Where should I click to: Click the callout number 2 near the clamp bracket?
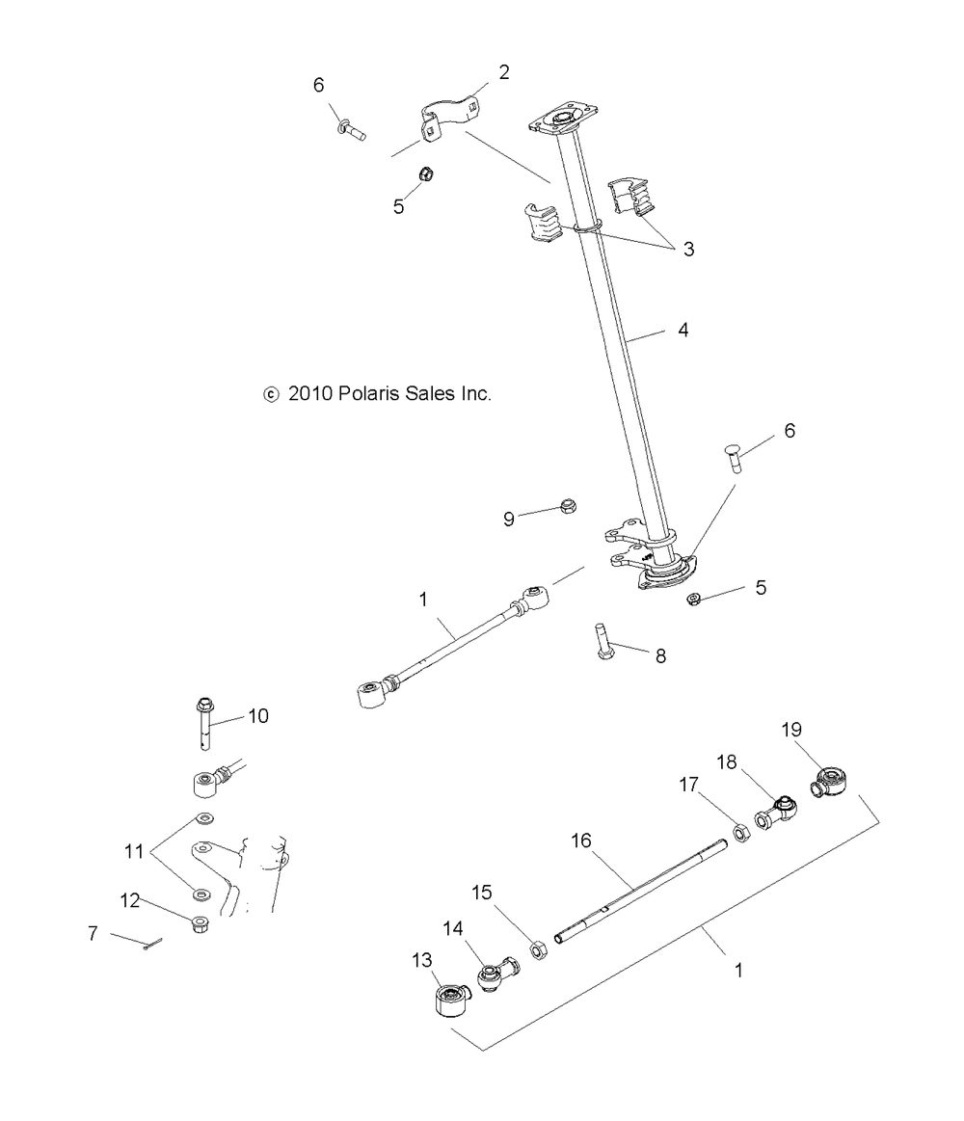click(x=504, y=72)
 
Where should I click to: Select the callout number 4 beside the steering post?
click(x=683, y=330)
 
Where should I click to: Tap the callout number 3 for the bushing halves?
click(x=688, y=249)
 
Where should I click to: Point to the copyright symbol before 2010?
click(x=271, y=394)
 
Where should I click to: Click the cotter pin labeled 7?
click(x=152, y=945)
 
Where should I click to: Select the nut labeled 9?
click(x=569, y=507)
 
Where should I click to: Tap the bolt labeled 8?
click(x=602, y=642)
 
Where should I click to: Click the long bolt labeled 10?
click(x=205, y=724)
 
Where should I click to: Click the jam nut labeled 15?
click(x=539, y=950)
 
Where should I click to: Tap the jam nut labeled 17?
click(x=741, y=832)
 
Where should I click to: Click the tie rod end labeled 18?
click(x=776, y=813)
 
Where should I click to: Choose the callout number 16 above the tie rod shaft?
click(x=580, y=841)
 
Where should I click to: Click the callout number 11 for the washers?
click(x=134, y=851)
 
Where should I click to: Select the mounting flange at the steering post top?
click(x=564, y=117)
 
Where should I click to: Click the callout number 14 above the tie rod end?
click(x=453, y=928)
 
